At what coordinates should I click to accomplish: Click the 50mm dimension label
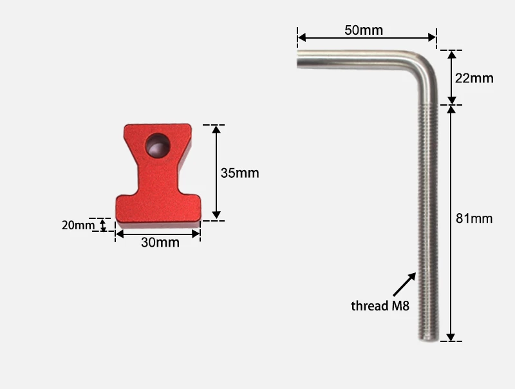[363, 30]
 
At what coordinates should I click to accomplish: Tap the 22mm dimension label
[474, 79]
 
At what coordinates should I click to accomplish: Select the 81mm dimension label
[474, 218]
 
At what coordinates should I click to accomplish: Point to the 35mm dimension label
[239, 173]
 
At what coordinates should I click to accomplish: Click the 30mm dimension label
[160, 243]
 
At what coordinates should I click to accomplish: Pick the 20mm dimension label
[77, 225]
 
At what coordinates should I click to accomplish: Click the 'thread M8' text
[380, 305]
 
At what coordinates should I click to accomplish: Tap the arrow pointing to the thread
[404, 283]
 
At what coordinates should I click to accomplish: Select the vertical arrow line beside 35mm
[216, 173]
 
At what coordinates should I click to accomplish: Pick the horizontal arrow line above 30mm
[158, 233]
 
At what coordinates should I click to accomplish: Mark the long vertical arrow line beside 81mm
[451, 222]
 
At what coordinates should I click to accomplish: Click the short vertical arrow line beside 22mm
[451, 77]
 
